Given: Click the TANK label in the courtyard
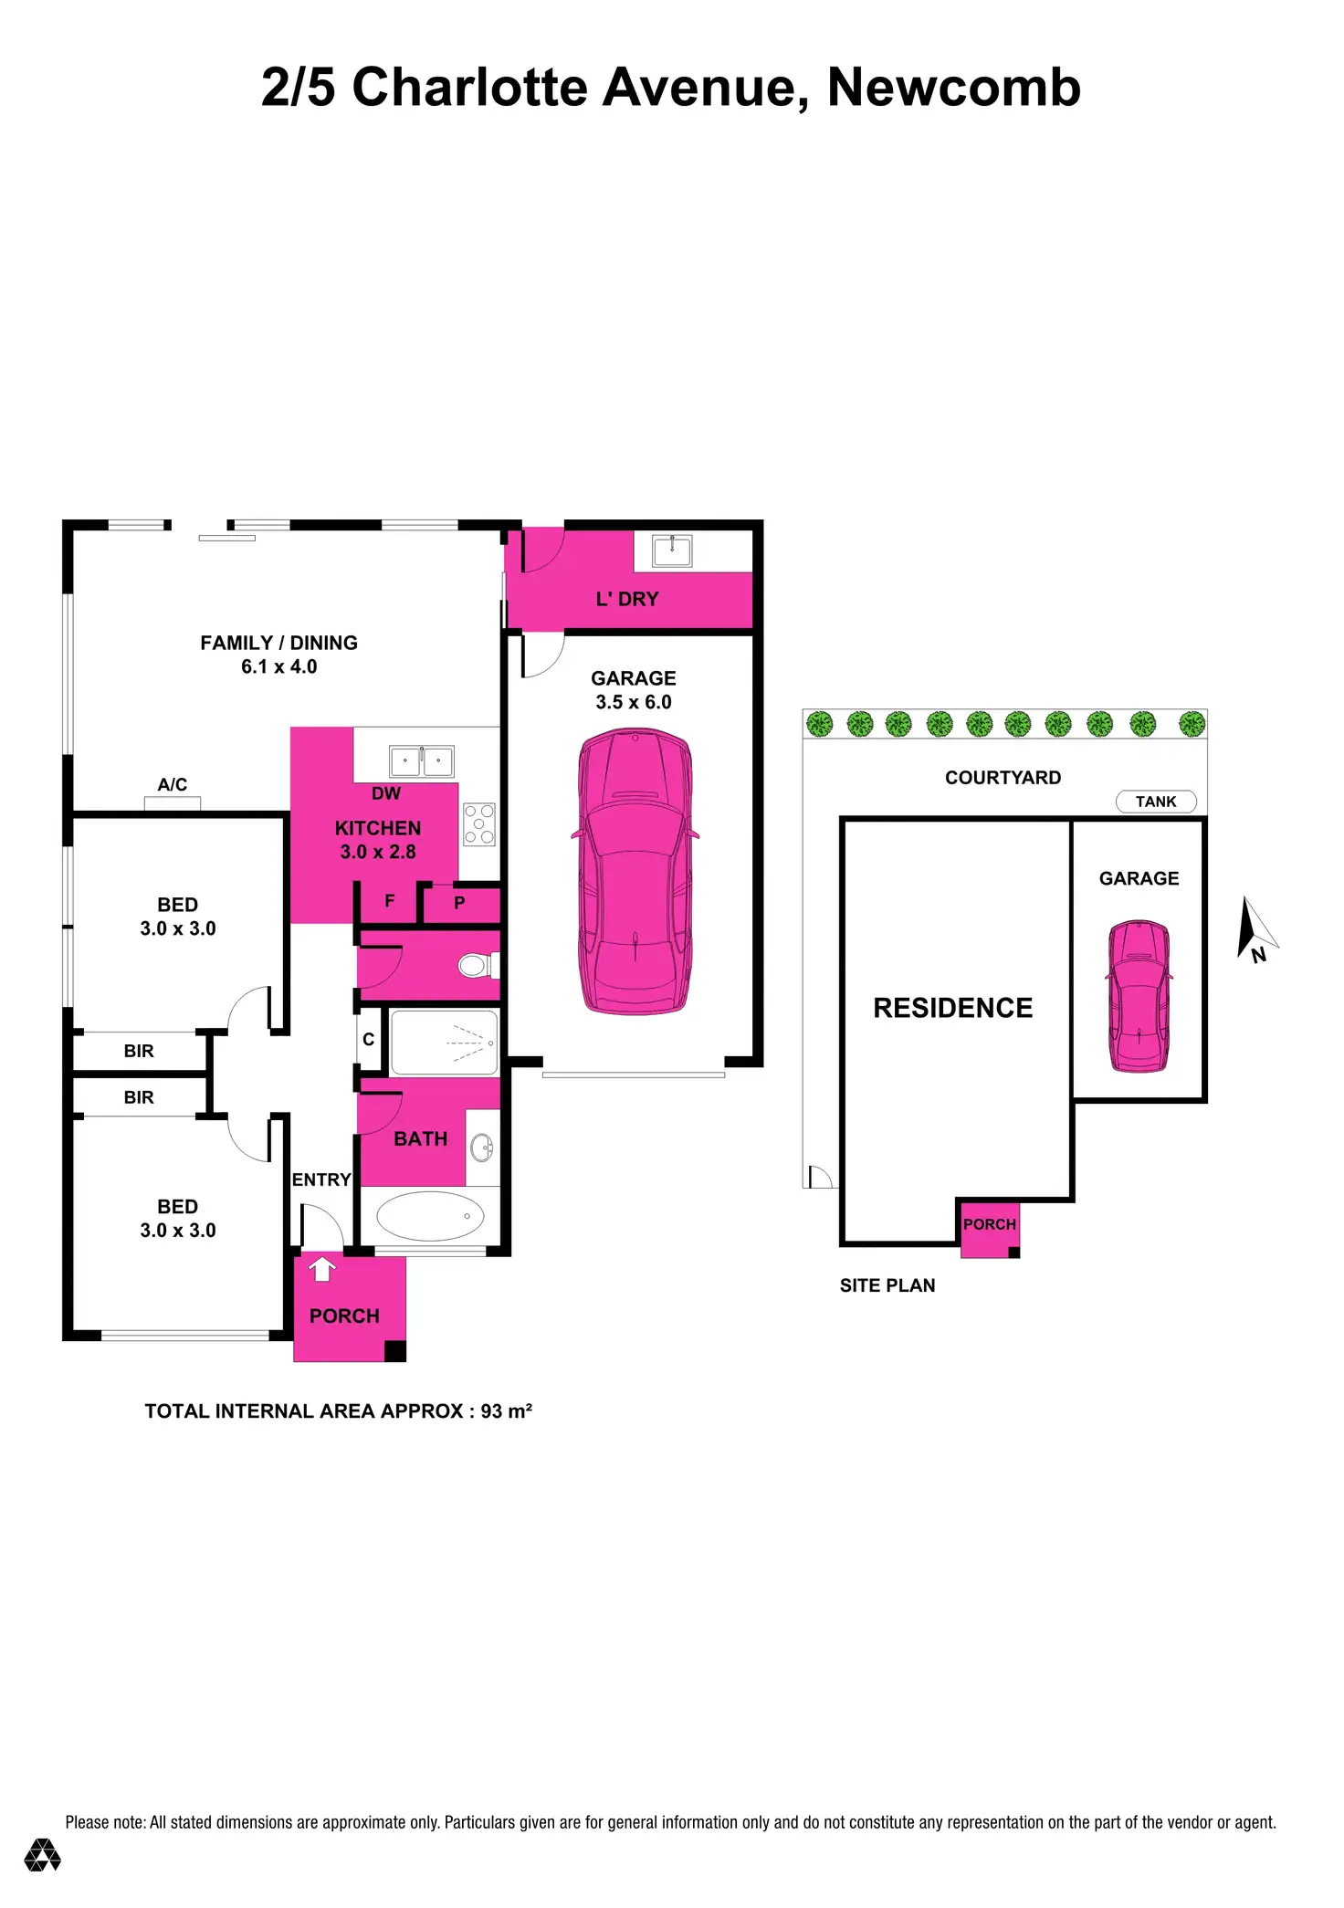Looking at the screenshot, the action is coord(1155,802).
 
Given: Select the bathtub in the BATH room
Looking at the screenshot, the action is coord(430,1216).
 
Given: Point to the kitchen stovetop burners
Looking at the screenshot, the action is coord(479,823).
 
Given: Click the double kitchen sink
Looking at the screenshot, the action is coord(421,760).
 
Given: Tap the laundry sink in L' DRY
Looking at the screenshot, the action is coord(672,550).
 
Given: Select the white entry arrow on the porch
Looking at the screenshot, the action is coord(321,1269).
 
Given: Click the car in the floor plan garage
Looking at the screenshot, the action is coord(635,872).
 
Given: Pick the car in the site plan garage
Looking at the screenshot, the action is coord(1139,996).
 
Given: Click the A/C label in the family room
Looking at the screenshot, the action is coord(172,784).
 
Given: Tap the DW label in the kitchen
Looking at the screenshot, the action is coord(386,793).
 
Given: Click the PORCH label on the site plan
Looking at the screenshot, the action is coord(989,1224).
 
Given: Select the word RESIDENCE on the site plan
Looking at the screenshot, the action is coord(952,1008).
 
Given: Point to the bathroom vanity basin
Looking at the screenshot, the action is coord(482,1148).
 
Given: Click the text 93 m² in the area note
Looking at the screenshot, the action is coord(506,1410).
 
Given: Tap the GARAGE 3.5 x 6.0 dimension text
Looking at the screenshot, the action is coord(634,702).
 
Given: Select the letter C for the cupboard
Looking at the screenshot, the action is coord(369,1039).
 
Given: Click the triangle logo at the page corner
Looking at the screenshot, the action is coord(42,1854).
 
